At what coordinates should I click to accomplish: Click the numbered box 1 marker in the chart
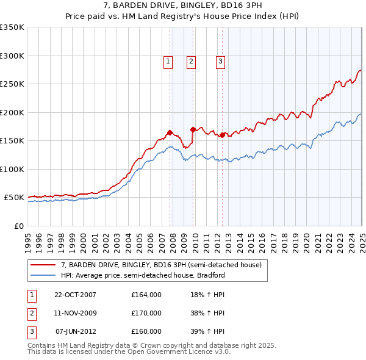coord(168,60)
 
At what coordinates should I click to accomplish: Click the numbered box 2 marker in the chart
coord(191,60)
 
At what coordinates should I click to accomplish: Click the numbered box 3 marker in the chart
coord(220,60)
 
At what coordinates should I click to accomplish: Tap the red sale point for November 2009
coord(193,129)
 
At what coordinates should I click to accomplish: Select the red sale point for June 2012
coord(222,135)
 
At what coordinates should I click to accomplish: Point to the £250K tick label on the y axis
coord(12,84)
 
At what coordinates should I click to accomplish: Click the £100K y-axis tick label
coord(12,169)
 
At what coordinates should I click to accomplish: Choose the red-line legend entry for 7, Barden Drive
coord(161,265)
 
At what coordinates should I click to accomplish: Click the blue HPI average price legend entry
coord(143,275)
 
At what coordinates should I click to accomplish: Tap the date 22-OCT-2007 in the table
coord(76,295)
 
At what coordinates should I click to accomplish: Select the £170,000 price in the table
coord(146,313)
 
